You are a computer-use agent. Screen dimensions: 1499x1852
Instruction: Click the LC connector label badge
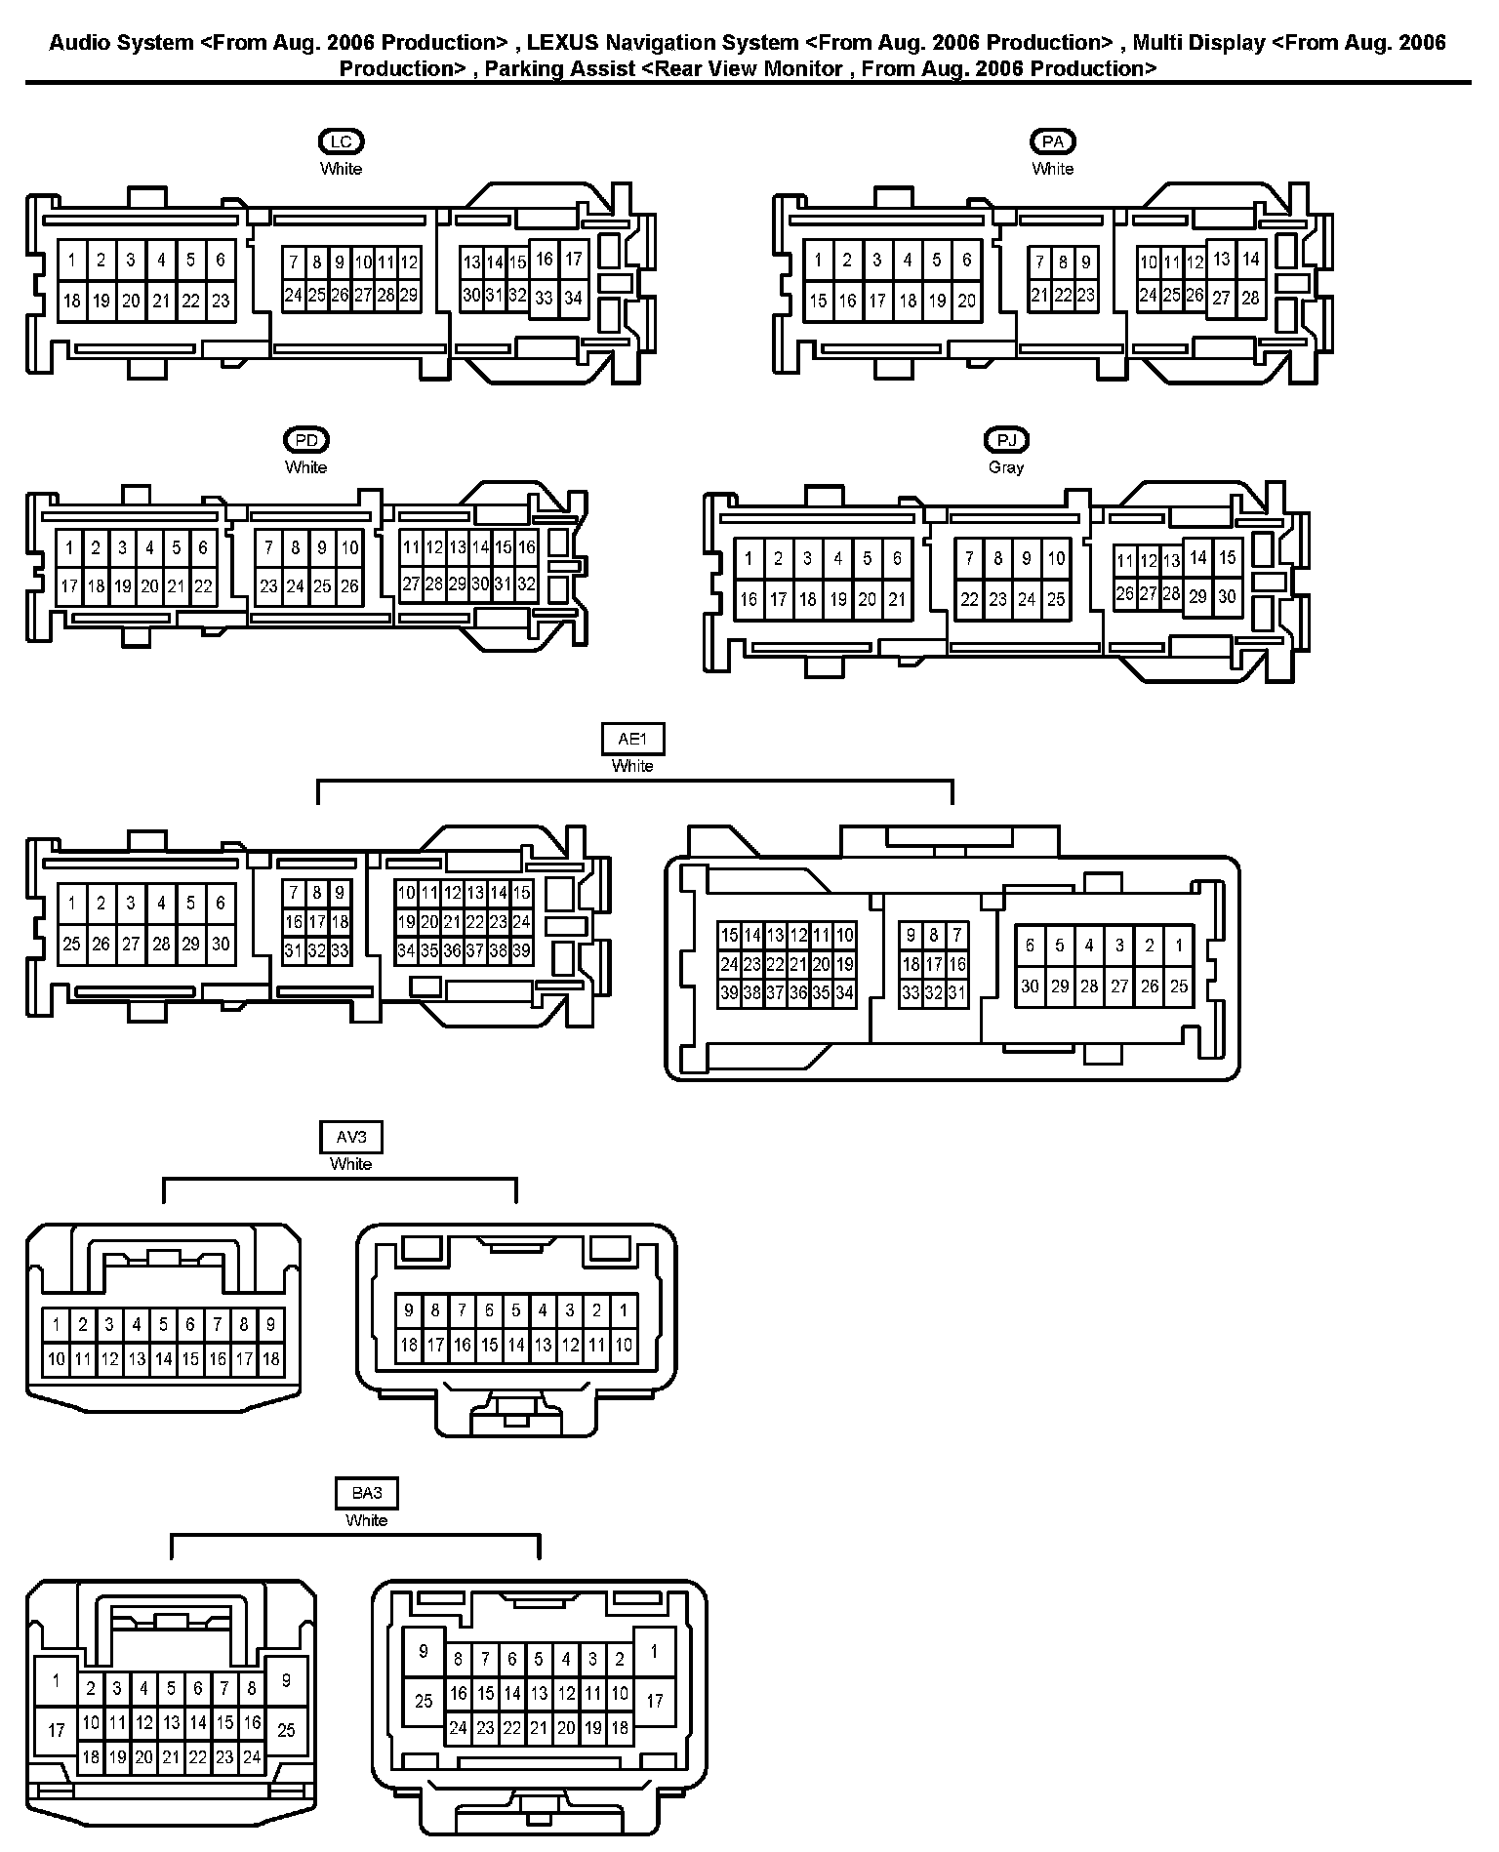[341, 142]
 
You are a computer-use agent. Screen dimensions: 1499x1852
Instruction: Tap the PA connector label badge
[1052, 142]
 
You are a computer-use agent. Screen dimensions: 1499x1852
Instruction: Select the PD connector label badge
[306, 440]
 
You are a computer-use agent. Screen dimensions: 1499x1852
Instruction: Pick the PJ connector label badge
[1006, 440]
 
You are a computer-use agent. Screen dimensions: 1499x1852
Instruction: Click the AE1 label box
[632, 739]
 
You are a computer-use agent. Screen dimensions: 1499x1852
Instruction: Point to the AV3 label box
[351, 1137]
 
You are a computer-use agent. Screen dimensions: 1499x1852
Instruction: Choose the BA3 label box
[366, 1493]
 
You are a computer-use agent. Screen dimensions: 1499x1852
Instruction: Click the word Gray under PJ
[1006, 467]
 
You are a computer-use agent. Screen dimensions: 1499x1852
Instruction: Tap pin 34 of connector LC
[573, 299]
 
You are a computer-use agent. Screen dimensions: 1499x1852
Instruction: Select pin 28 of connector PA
[1250, 299]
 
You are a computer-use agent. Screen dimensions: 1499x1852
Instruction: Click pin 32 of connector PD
[526, 584]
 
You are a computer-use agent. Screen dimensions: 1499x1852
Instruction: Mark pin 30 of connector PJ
[1228, 597]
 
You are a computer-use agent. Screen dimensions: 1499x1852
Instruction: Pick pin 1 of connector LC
[72, 261]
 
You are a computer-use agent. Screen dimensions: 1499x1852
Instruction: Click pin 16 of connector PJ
[749, 599]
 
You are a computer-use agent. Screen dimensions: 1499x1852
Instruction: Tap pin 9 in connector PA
[1085, 262]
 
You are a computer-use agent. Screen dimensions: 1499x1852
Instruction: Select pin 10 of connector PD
[349, 548]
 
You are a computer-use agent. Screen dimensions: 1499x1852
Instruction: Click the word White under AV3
[351, 1164]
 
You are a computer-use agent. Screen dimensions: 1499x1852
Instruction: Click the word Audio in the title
[77, 42]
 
